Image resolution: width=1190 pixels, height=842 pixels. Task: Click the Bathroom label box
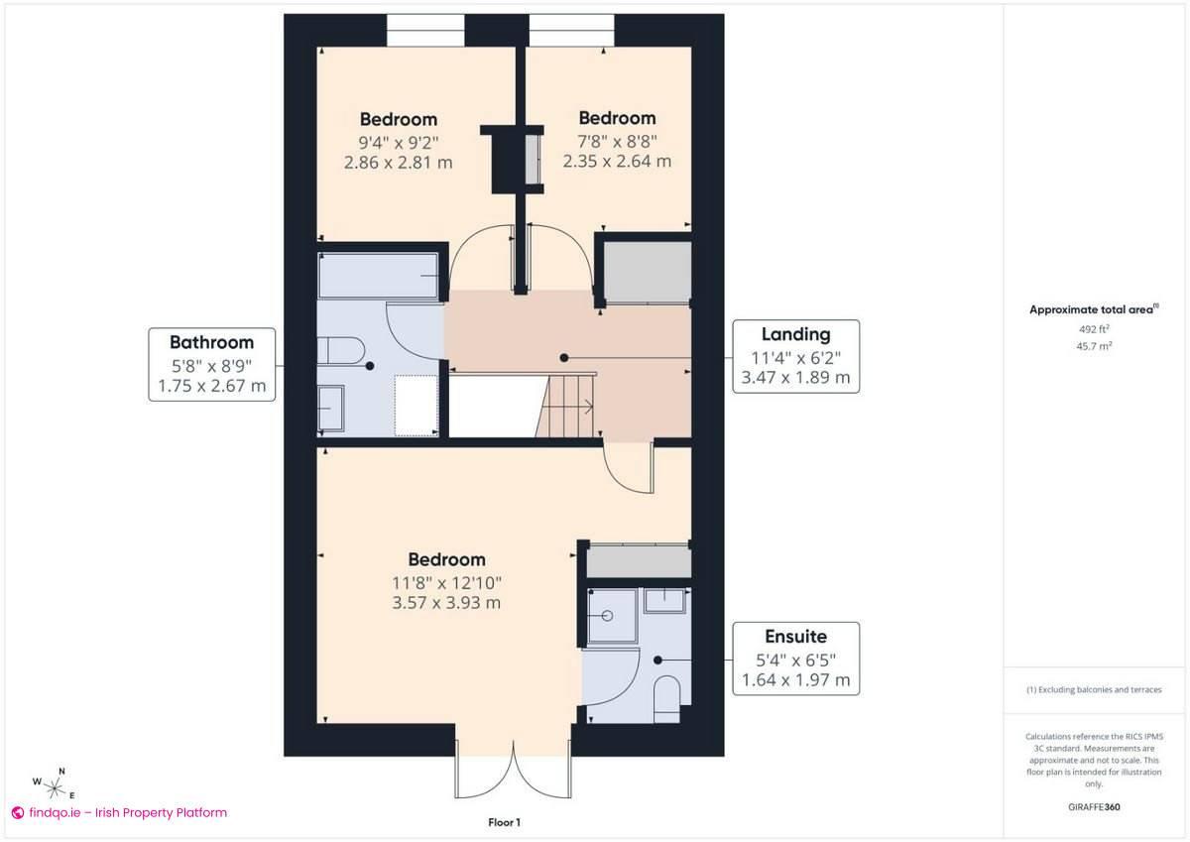click(x=211, y=364)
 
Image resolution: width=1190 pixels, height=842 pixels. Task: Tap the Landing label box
click(x=795, y=356)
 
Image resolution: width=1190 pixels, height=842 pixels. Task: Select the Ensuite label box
click(x=795, y=659)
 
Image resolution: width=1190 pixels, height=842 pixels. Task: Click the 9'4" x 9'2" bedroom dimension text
click(x=398, y=141)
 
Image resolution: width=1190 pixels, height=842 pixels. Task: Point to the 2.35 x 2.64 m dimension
click(x=617, y=161)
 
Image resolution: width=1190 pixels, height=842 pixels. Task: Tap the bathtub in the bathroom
click(x=378, y=275)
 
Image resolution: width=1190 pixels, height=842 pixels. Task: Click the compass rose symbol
click(x=56, y=785)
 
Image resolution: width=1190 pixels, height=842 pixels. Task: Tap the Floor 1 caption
click(x=504, y=822)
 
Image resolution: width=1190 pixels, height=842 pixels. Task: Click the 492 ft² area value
click(x=1093, y=329)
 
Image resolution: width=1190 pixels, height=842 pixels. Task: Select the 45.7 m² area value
click(x=1093, y=346)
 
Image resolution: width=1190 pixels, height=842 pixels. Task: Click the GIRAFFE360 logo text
click(x=1093, y=807)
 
